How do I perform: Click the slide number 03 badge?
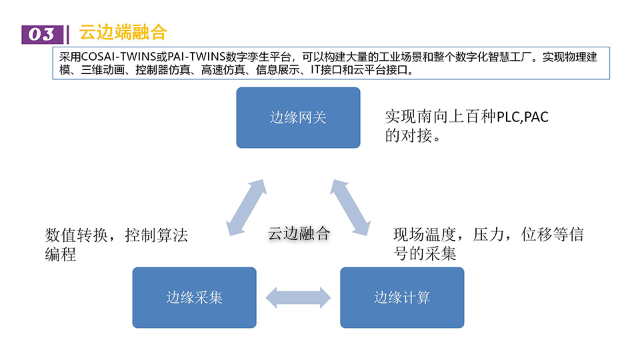[42, 34]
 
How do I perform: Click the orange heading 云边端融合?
[122, 32]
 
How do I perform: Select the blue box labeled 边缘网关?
[298, 117]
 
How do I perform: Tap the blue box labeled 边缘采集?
[194, 297]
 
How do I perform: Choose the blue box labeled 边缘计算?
[402, 297]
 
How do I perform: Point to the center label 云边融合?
[299, 233]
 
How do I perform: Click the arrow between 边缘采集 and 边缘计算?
[298, 297]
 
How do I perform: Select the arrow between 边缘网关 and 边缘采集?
[246, 207]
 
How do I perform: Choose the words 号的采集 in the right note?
[425, 254]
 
